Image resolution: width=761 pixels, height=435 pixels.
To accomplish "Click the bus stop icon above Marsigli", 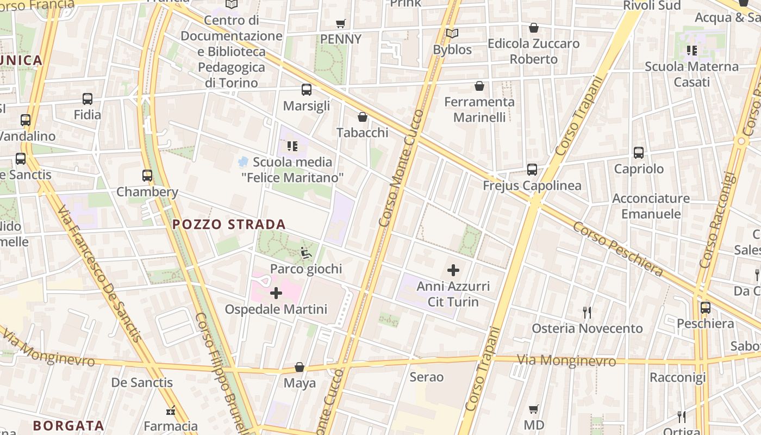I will [x=307, y=90].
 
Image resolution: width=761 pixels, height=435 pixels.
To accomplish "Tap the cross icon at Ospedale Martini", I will [x=276, y=294].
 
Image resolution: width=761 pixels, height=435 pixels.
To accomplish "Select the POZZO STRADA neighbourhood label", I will [x=229, y=225].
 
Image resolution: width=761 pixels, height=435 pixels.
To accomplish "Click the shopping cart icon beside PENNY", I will [x=341, y=23].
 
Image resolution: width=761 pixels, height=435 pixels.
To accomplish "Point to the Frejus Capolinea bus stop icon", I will [x=532, y=170].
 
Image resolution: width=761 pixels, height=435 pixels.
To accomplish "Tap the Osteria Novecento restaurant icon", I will [x=587, y=312].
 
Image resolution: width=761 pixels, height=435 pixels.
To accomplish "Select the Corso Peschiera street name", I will [x=617, y=248].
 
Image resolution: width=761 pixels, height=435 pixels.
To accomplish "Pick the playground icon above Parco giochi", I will [x=306, y=253].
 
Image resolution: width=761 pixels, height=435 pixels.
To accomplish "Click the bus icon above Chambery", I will [x=147, y=176].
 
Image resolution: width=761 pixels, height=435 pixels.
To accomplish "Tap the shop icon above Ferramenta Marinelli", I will [x=479, y=86].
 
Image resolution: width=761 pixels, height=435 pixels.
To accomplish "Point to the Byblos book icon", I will [x=452, y=34].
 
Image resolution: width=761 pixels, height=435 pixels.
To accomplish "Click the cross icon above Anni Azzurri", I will [x=453, y=270].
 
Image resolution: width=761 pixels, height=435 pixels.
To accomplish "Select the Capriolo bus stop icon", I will [x=639, y=153].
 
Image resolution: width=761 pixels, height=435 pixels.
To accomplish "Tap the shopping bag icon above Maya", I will [x=300, y=367].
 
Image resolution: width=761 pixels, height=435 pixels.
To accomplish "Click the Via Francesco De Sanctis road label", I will [x=101, y=275].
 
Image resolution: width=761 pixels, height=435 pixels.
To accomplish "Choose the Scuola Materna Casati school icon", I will [x=692, y=51].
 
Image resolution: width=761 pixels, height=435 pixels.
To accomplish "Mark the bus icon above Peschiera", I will [x=706, y=308].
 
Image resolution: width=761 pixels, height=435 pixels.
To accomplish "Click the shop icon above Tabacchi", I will [x=363, y=117].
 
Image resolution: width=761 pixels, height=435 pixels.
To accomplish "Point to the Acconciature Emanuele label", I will [x=651, y=206].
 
